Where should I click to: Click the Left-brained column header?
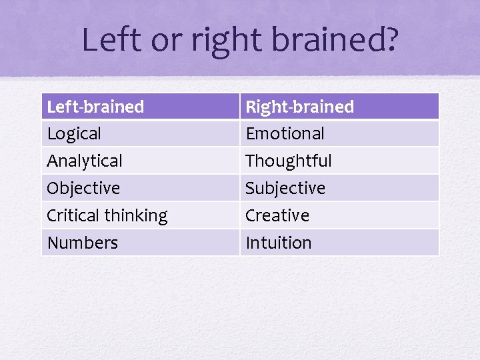point(95,107)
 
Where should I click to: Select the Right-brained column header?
point(299,107)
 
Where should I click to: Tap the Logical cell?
point(74,133)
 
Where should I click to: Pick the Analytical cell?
point(85,161)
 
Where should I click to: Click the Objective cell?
point(83,188)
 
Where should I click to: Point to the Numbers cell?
point(82,243)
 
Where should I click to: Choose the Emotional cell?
point(285,133)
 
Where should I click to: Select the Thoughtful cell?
point(288,161)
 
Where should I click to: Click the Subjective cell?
point(285,188)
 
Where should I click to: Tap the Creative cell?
point(277,215)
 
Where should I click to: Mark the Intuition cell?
point(278,243)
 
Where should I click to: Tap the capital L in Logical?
point(51,133)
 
